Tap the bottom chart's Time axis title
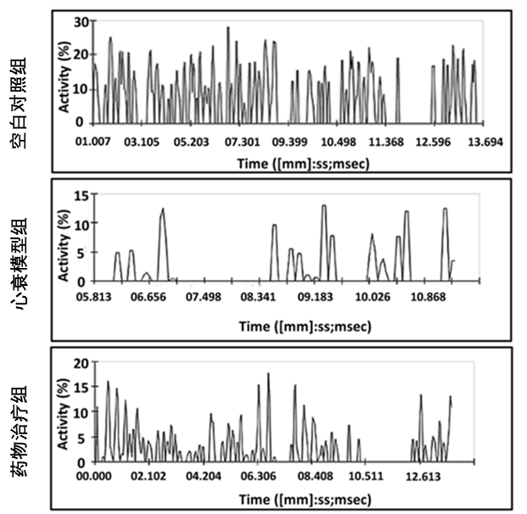(288, 497)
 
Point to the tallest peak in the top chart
(227, 27)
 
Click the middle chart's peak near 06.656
(162, 209)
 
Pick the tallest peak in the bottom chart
(268, 373)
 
